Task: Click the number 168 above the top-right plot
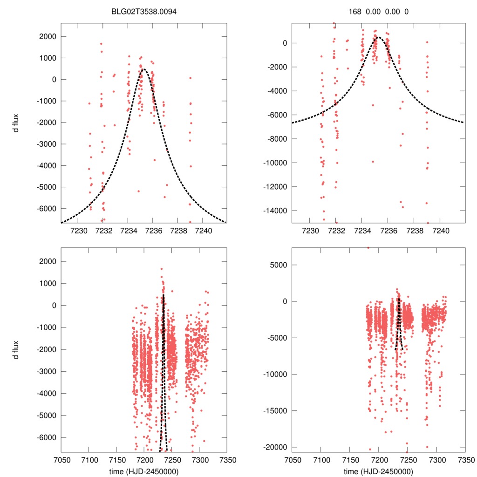[355, 12]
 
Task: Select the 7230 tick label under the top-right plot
[310, 231]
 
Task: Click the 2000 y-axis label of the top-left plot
[47, 36]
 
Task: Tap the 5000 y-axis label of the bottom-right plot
[280, 265]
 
